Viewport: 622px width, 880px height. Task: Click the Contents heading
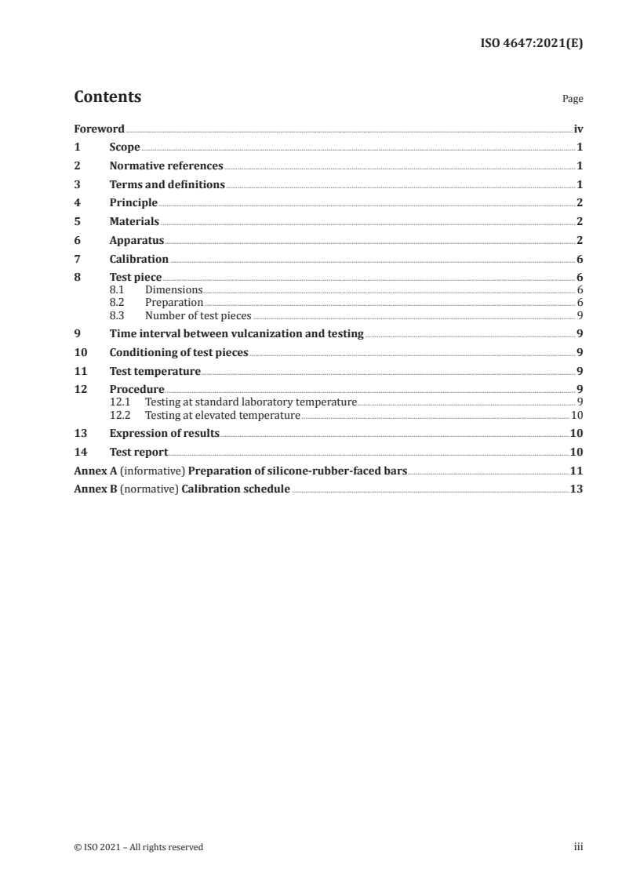(107, 97)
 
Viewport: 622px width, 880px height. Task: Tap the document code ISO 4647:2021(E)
(531, 44)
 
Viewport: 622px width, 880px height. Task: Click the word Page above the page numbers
(573, 100)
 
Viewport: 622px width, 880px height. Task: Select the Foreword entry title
(99, 129)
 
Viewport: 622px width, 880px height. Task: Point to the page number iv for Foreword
(578, 129)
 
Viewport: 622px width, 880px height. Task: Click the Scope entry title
(125, 147)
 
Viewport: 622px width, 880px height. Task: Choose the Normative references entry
(166, 166)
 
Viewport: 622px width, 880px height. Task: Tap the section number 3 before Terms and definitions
(77, 185)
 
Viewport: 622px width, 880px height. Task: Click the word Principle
(133, 203)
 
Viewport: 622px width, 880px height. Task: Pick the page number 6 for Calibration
(579, 260)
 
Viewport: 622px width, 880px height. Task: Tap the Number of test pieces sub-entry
(198, 316)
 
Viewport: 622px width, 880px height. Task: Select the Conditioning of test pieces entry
(179, 353)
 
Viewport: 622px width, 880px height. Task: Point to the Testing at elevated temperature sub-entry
(223, 416)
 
